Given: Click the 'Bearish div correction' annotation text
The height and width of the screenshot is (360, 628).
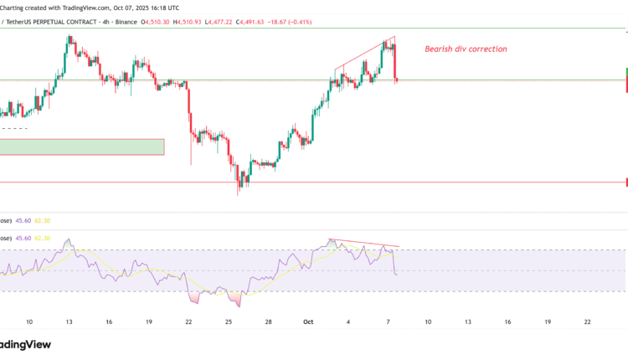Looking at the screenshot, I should [x=465, y=49].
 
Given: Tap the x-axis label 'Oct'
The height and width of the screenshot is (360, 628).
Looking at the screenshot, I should [x=308, y=321].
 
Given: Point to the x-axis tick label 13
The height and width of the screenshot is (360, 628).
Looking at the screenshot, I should [x=69, y=321].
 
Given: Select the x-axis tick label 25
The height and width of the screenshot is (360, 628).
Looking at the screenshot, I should [x=228, y=321].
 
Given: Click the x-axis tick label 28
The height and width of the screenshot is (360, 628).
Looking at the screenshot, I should [x=268, y=321].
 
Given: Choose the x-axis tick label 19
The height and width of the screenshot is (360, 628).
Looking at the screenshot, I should [x=148, y=321].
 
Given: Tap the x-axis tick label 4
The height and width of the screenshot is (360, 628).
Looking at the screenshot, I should [x=348, y=321].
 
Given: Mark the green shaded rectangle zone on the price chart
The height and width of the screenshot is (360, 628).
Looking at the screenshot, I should [x=82, y=147].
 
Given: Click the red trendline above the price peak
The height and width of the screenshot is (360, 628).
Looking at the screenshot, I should [x=363, y=53].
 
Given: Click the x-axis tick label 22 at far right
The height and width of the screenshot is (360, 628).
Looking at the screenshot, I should [x=586, y=321].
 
